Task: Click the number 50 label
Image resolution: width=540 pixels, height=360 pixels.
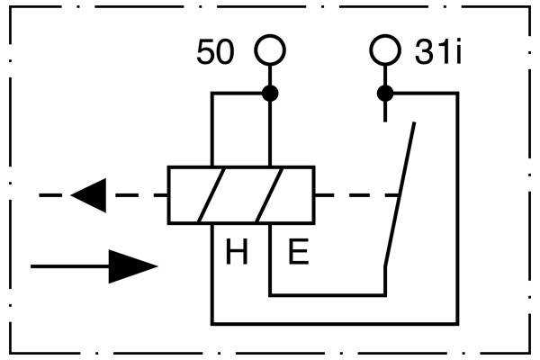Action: pos(215,53)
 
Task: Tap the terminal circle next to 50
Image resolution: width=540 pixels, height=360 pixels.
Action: pos(269,50)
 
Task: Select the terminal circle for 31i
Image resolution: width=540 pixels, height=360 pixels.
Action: pos(385,50)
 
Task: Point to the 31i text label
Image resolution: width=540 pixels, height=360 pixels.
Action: pos(438,53)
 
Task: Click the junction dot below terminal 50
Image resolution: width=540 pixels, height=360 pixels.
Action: pos(269,93)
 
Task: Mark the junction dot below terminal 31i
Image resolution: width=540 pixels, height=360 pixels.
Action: pos(385,93)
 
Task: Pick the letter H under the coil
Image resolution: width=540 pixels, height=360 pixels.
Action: pos(237,253)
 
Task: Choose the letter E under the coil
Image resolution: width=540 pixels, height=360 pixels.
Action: pos(298,253)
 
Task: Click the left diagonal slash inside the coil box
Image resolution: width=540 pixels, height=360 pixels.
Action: pos(212,194)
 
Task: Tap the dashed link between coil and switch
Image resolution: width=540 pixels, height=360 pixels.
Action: pos(356,194)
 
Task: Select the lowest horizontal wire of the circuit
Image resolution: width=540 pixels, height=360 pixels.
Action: pos(333,323)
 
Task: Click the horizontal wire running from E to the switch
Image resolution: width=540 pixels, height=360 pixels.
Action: pos(328,294)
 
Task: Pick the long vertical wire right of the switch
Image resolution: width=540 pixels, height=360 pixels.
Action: pos(457,207)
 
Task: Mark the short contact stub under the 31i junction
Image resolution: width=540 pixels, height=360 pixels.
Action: pos(385,110)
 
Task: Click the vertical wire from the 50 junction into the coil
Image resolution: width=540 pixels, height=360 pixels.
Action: pos(269,130)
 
